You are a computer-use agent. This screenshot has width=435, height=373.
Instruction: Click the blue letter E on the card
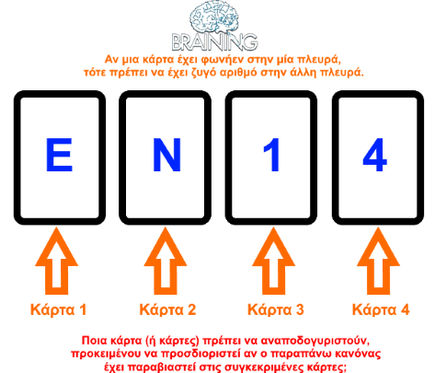(59, 155)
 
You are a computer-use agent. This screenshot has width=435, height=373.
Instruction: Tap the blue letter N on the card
(166, 155)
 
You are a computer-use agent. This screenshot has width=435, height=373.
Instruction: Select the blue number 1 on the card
(271, 155)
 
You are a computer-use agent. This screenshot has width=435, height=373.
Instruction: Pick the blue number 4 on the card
(374, 155)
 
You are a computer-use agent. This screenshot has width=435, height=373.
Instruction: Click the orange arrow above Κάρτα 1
(56, 261)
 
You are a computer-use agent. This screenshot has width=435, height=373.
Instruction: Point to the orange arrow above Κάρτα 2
(166, 261)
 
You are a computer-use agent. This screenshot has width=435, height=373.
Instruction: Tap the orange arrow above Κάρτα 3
(273, 261)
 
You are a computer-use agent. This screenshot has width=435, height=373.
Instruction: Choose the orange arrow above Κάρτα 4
(378, 261)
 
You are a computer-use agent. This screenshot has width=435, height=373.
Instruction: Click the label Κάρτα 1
(58, 309)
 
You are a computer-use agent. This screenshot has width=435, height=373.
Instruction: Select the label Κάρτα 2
(167, 309)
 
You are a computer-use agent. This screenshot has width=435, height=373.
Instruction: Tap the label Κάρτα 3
(276, 309)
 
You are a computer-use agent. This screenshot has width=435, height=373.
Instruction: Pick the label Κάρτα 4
(381, 309)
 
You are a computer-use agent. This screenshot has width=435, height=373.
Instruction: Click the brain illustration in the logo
(214, 17)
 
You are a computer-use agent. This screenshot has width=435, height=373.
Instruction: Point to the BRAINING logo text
(214, 42)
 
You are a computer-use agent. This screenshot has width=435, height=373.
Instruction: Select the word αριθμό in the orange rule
(239, 73)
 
